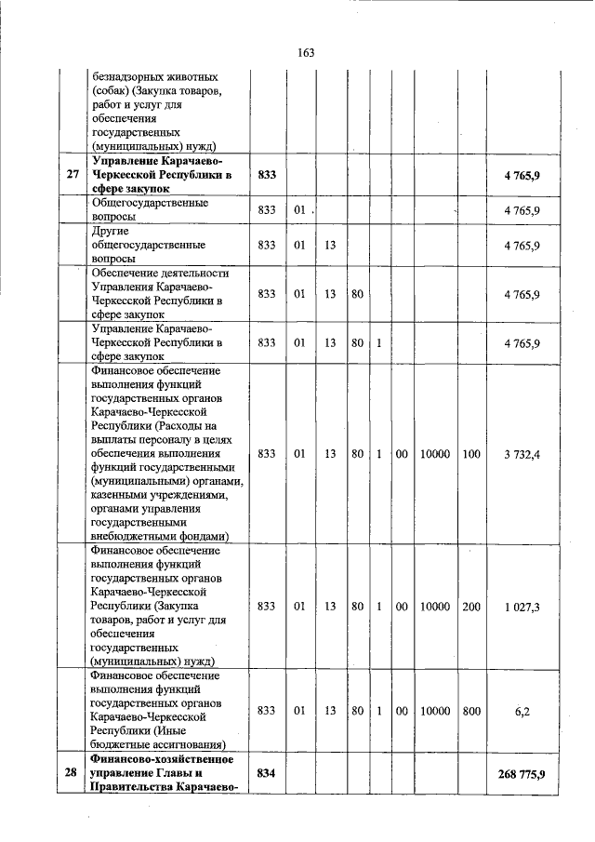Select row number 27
click(72, 175)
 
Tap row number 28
click(72, 773)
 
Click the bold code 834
click(267, 773)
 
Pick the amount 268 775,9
click(521, 773)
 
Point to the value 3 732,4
click(521, 453)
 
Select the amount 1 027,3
click(522, 607)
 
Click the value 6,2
click(522, 711)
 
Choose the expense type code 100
click(471, 453)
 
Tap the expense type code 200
click(471, 607)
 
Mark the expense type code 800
click(471, 711)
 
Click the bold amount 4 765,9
click(522, 175)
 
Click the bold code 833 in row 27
click(267, 175)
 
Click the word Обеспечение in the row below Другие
click(129, 274)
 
